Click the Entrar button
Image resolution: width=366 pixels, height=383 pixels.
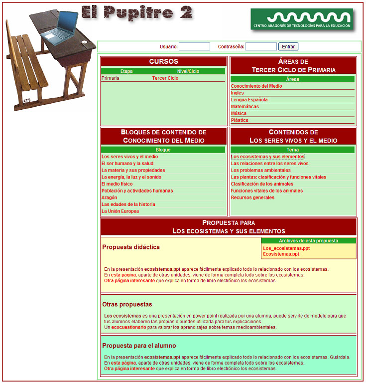click(288, 46)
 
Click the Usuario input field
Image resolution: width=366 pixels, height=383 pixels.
click(194, 46)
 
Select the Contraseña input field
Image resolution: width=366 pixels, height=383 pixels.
click(261, 46)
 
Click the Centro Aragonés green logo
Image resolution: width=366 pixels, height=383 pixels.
click(302, 19)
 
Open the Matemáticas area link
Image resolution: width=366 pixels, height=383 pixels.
click(245, 107)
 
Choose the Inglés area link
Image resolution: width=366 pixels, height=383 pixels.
click(238, 93)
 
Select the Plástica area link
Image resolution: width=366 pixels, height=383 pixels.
click(240, 120)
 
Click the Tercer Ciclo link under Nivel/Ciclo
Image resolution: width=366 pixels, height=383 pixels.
click(165, 78)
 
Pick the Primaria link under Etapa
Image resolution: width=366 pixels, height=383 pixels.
click(111, 78)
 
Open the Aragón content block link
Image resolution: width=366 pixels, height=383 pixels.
click(110, 197)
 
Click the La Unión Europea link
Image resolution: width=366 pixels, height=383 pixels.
click(120, 211)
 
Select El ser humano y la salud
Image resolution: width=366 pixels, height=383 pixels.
click(127, 164)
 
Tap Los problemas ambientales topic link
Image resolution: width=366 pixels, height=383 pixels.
click(261, 170)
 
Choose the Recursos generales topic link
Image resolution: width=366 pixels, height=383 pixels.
click(252, 197)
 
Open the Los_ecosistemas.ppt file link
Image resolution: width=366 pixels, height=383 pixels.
click(286, 248)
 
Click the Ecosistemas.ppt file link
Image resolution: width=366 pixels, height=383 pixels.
click(281, 254)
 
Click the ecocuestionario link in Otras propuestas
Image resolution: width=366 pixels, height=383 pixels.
click(128, 327)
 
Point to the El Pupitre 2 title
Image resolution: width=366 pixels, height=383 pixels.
click(136, 13)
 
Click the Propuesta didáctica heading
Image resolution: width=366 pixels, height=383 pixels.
click(131, 247)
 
